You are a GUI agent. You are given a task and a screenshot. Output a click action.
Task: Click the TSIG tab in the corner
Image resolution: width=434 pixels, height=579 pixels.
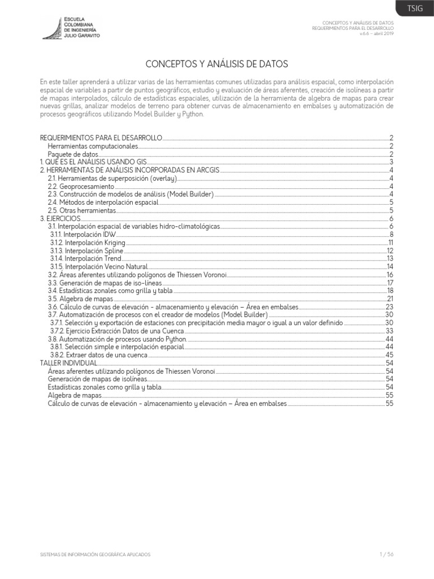pos(415,8)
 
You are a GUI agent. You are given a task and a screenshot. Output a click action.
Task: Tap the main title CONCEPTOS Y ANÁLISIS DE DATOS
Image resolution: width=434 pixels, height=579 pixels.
pos(216,64)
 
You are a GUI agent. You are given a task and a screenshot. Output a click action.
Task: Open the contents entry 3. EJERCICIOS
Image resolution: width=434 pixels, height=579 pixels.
pos(61,218)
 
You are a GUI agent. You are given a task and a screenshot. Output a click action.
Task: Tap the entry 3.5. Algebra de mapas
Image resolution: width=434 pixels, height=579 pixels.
pos(80,298)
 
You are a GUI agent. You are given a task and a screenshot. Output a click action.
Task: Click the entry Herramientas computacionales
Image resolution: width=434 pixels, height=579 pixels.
pos(93,146)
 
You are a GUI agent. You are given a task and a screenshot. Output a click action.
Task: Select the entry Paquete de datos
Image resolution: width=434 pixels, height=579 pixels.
pos(73,154)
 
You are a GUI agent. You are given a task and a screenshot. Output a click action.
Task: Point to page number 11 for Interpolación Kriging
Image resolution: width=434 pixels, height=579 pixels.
pos(390,242)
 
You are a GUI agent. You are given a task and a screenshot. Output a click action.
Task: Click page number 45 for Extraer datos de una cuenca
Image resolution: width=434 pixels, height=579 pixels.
pos(389,355)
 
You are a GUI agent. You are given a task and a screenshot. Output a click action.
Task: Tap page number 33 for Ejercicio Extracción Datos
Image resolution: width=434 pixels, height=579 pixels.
pos(389,330)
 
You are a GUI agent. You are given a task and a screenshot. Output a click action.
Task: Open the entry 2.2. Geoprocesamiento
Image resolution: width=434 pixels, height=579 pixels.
pos(81,186)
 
